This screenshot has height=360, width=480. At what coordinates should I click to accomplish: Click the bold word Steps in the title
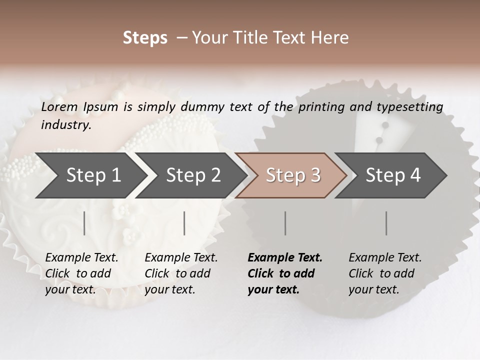145,38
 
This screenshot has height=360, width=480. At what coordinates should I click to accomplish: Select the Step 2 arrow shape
193,175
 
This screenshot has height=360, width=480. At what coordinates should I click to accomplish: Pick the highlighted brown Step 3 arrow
292,175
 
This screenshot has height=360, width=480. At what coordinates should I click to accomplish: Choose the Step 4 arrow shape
392,175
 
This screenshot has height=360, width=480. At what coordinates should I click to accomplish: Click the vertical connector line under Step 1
84,223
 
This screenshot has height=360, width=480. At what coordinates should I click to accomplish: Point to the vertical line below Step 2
184,223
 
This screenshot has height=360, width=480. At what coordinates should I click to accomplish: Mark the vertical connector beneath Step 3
285,223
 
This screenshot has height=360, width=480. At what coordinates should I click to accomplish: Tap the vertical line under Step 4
386,223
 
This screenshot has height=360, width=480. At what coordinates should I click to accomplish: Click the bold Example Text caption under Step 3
284,273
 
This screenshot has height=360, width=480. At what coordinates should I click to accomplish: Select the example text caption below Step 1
81,273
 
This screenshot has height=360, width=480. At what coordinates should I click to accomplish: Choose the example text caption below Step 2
181,273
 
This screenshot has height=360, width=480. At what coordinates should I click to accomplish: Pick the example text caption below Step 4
385,273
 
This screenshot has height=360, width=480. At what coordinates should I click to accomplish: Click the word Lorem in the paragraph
59,107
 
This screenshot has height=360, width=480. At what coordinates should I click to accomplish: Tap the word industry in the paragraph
65,125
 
